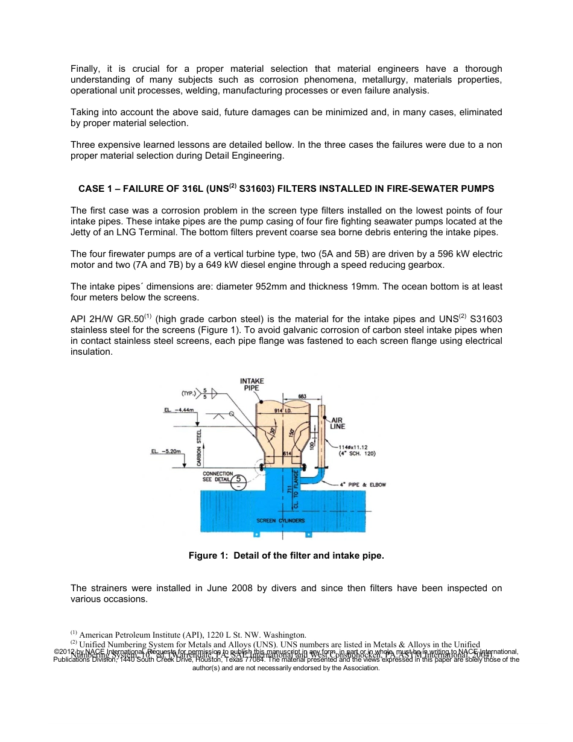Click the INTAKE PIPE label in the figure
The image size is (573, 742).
tap(252, 385)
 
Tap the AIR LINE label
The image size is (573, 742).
tap(338, 423)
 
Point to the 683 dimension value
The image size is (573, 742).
tap(302, 396)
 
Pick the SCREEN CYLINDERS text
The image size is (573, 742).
tap(280, 520)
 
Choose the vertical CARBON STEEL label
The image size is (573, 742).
tap(199, 447)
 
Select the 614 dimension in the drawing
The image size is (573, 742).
tap(288, 452)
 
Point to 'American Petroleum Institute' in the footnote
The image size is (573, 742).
tap(131, 635)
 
